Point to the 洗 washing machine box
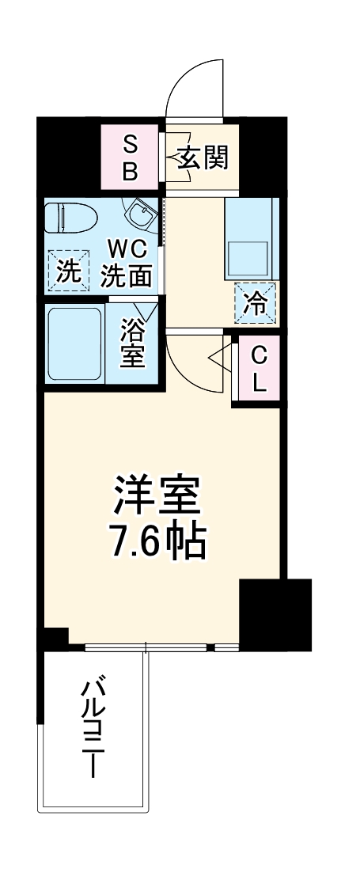pos(68,271)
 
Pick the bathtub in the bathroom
pos(74,343)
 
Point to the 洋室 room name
pos(156,496)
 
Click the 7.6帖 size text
pos(156,543)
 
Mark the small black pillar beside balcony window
pos(55,638)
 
